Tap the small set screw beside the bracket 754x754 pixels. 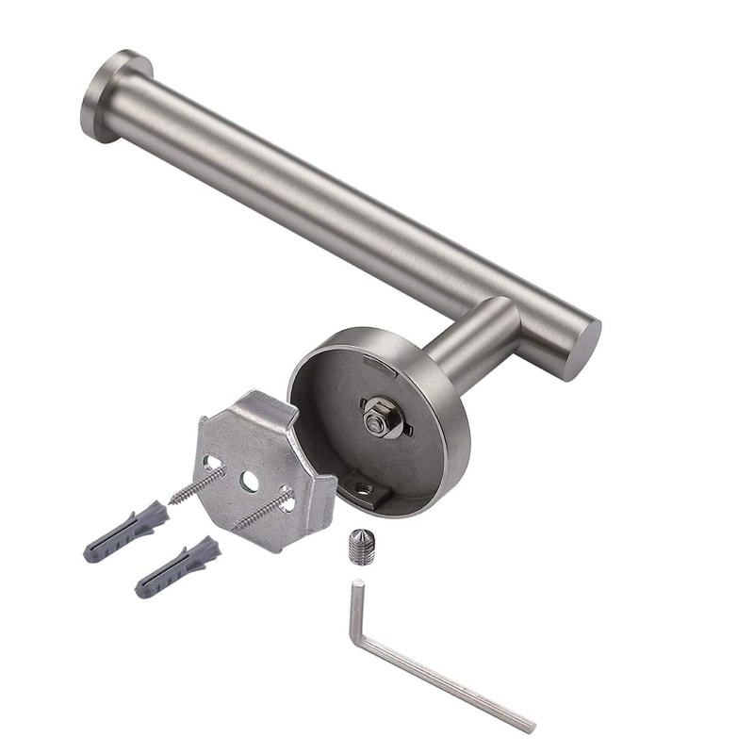(361, 547)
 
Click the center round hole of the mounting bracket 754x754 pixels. (249, 481)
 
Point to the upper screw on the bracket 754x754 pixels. (199, 484)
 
